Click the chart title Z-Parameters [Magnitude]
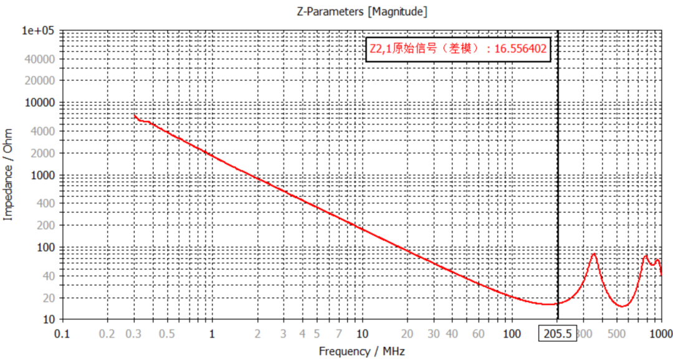(361, 12)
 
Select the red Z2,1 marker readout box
(458, 49)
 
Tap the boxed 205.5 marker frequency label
(558, 333)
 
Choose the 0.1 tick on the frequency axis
(62, 333)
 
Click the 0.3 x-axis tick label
(134, 333)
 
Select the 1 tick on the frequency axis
(212, 333)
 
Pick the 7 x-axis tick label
(339, 333)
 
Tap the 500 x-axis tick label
(617, 333)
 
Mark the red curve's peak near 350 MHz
(594, 254)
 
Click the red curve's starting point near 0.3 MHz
(135, 115)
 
